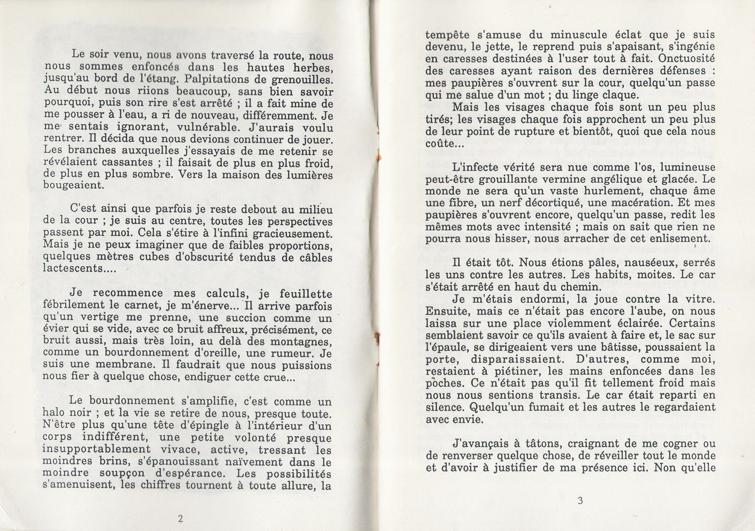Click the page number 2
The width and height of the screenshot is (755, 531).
click(180, 518)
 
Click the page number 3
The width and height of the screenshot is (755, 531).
click(580, 501)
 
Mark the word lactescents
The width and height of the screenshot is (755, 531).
click(72, 268)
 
